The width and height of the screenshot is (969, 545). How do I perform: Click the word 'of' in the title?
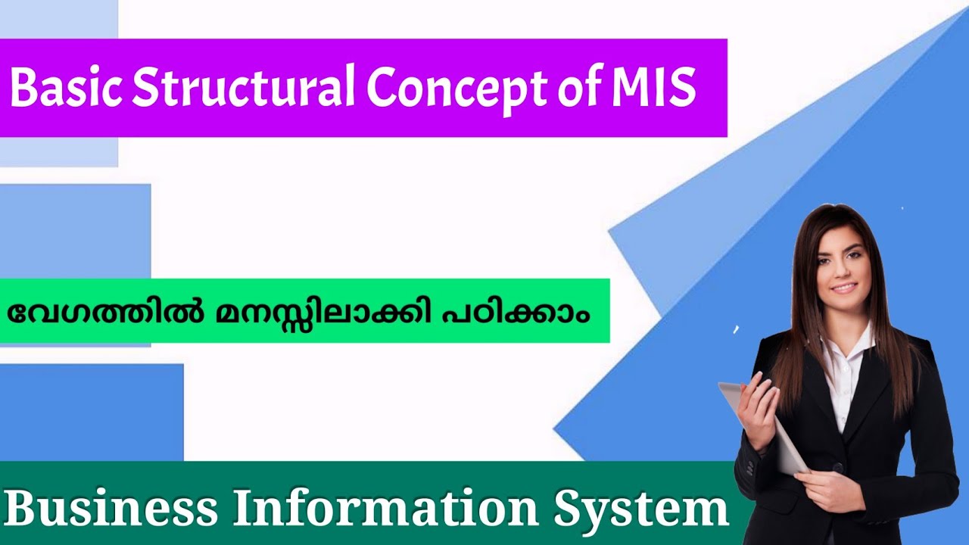(577, 89)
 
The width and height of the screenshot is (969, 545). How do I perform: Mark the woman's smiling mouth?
(843, 288)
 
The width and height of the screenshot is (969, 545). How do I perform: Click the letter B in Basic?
(23, 89)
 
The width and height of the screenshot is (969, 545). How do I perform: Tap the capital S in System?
(568, 509)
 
